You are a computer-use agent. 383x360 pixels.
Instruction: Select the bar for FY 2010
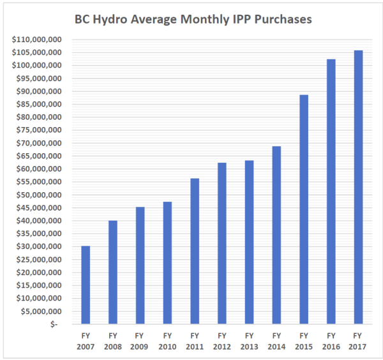167,262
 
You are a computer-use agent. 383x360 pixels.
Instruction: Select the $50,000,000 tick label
37,195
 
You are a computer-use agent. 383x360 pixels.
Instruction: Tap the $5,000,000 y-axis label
39,311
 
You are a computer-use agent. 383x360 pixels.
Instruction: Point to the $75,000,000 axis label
37,130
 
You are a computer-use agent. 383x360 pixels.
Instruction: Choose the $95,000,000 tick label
37,79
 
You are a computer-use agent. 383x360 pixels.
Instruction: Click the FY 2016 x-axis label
331,340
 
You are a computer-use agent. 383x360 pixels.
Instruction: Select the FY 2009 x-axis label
140,340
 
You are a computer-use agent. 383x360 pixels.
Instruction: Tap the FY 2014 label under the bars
276,340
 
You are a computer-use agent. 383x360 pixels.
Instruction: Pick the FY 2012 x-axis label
222,340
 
